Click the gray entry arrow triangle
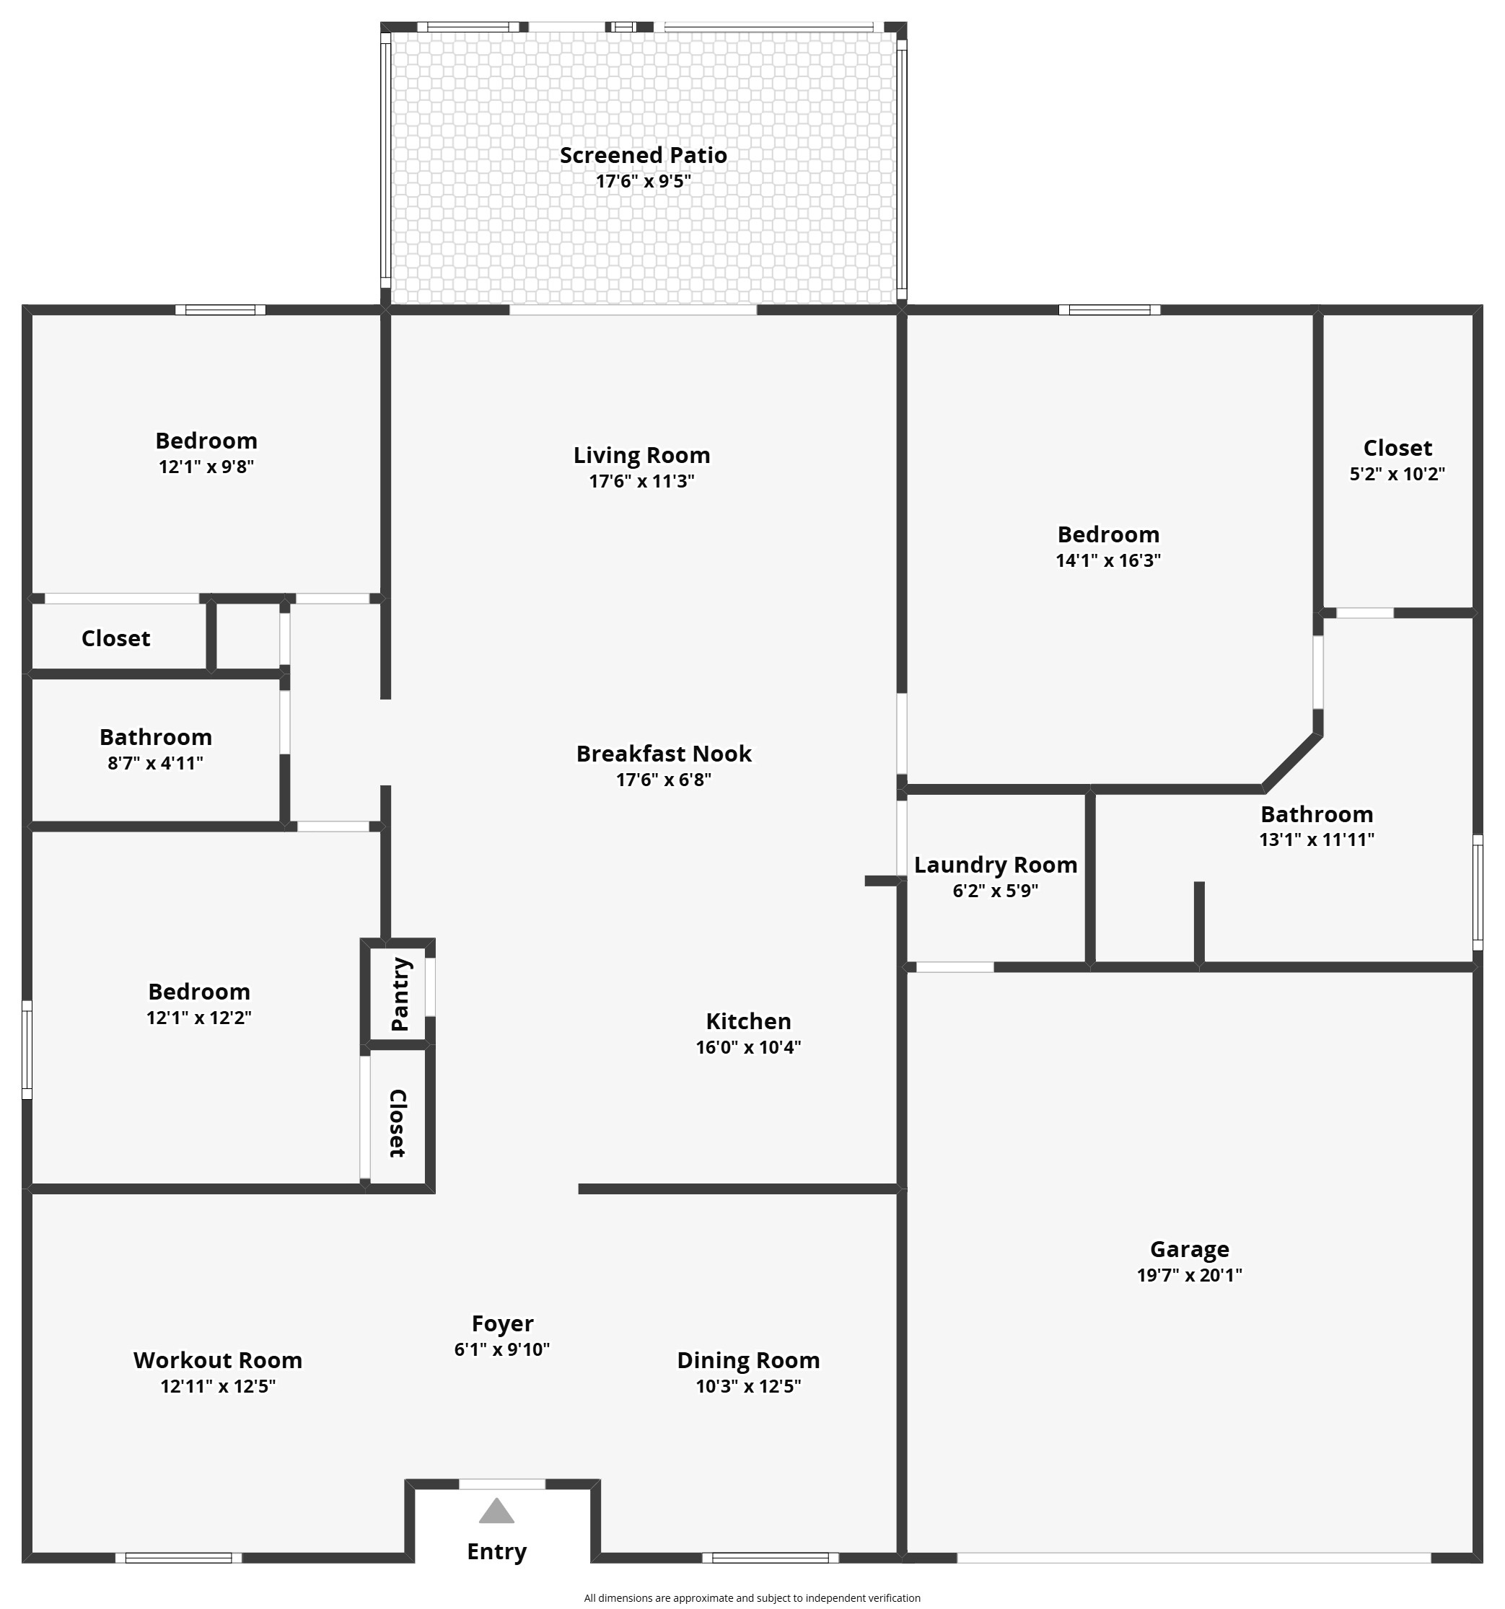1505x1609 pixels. [496, 1512]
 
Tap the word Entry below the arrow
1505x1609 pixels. [496, 1551]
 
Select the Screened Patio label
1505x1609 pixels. [643, 154]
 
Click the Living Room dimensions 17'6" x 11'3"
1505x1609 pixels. [641, 482]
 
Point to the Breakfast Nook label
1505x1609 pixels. [663, 754]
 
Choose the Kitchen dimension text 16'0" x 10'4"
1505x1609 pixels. [748, 1047]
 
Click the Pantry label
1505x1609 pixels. [400, 994]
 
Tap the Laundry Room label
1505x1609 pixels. [995, 865]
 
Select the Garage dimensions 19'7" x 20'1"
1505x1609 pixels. [1188, 1276]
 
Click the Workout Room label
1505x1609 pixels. [218, 1360]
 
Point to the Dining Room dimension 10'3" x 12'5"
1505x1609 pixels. [748, 1386]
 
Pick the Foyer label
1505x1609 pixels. [502, 1323]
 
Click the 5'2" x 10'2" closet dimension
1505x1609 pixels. [1397, 475]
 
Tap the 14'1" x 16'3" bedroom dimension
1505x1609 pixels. [1107, 560]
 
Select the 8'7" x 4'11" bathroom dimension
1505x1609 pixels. [155, 763]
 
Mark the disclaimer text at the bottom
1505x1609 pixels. [752, 1597]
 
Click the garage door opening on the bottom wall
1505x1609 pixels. [1193, 1557]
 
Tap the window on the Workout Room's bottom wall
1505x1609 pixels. [178, 1557]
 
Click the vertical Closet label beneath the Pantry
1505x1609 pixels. [397, 1124]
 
